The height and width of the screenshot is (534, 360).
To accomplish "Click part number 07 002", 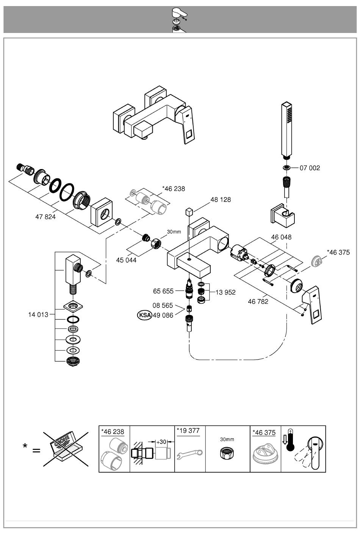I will [x=310, y=168].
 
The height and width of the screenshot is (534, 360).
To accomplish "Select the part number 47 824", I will [x=45, y=217].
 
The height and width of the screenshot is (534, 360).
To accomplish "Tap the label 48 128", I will [x=220, y=200].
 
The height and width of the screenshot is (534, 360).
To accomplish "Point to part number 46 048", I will [x=281, y=237].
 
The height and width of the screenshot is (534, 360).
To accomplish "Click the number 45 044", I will [x=126, y=260].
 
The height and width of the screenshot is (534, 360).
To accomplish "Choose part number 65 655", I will [x=163, y=291].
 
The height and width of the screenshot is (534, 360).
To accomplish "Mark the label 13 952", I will [x=225, y=292].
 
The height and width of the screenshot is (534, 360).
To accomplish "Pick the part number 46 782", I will [x=258, y=302].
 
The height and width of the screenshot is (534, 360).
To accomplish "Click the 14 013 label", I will [x=38, y=314].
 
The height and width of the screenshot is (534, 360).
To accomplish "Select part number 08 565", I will [x=163, y=305].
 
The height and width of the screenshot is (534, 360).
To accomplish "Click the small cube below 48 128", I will [x=190, y=211].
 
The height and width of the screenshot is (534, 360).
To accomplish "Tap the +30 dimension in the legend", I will [x=161, y=442].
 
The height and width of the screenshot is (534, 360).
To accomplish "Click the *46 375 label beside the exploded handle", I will [x=338, y=252].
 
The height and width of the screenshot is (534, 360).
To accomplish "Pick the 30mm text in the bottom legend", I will [x=227, y=439].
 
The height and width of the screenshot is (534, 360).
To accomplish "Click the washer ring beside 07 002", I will [x=287, y=168].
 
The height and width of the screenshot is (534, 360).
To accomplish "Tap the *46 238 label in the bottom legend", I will [x=113, y=432].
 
